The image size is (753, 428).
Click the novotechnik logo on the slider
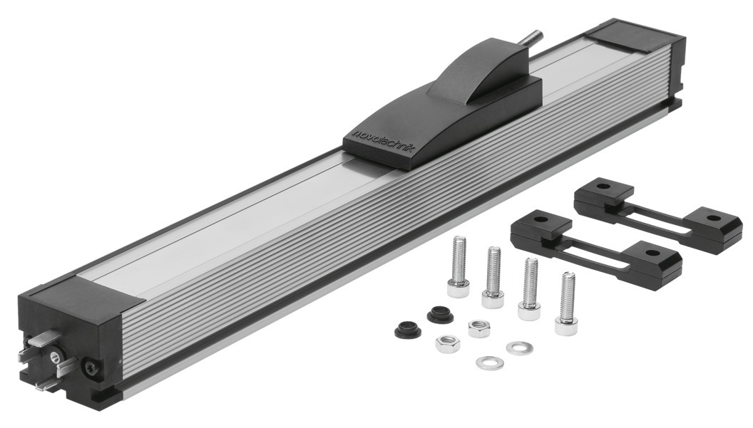click(383, 141)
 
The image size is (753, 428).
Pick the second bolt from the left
click(493, 277)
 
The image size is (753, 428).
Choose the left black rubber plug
click(408, 330)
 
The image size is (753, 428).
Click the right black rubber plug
click(440, 314)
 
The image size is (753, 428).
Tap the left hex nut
click(448, 343)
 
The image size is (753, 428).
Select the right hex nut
click(478, 329)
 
